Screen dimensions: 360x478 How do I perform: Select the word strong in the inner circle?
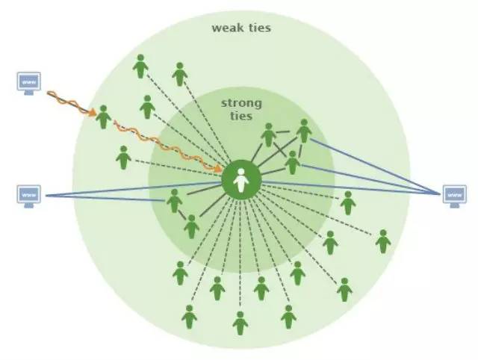240,104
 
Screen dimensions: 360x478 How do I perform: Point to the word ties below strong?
241,117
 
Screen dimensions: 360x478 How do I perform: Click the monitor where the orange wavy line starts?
28,81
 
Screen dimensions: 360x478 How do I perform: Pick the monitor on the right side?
454,195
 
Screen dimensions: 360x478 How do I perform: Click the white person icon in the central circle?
240,180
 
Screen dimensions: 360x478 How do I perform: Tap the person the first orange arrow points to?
103,117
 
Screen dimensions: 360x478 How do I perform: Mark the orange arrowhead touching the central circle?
222,169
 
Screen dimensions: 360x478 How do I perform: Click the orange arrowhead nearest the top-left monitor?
90,113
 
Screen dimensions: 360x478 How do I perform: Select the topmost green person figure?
140,66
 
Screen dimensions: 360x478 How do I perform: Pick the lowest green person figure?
240,323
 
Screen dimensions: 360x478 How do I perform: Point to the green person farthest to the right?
383,241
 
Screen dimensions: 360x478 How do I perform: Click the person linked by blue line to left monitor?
174,201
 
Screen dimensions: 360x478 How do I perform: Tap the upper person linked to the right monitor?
304,131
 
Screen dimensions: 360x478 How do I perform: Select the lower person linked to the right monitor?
293,162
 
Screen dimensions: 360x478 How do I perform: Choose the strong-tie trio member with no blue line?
269,135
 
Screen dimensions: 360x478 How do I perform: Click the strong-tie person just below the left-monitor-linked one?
191,226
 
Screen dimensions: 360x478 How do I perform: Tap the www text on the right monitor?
454,193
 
